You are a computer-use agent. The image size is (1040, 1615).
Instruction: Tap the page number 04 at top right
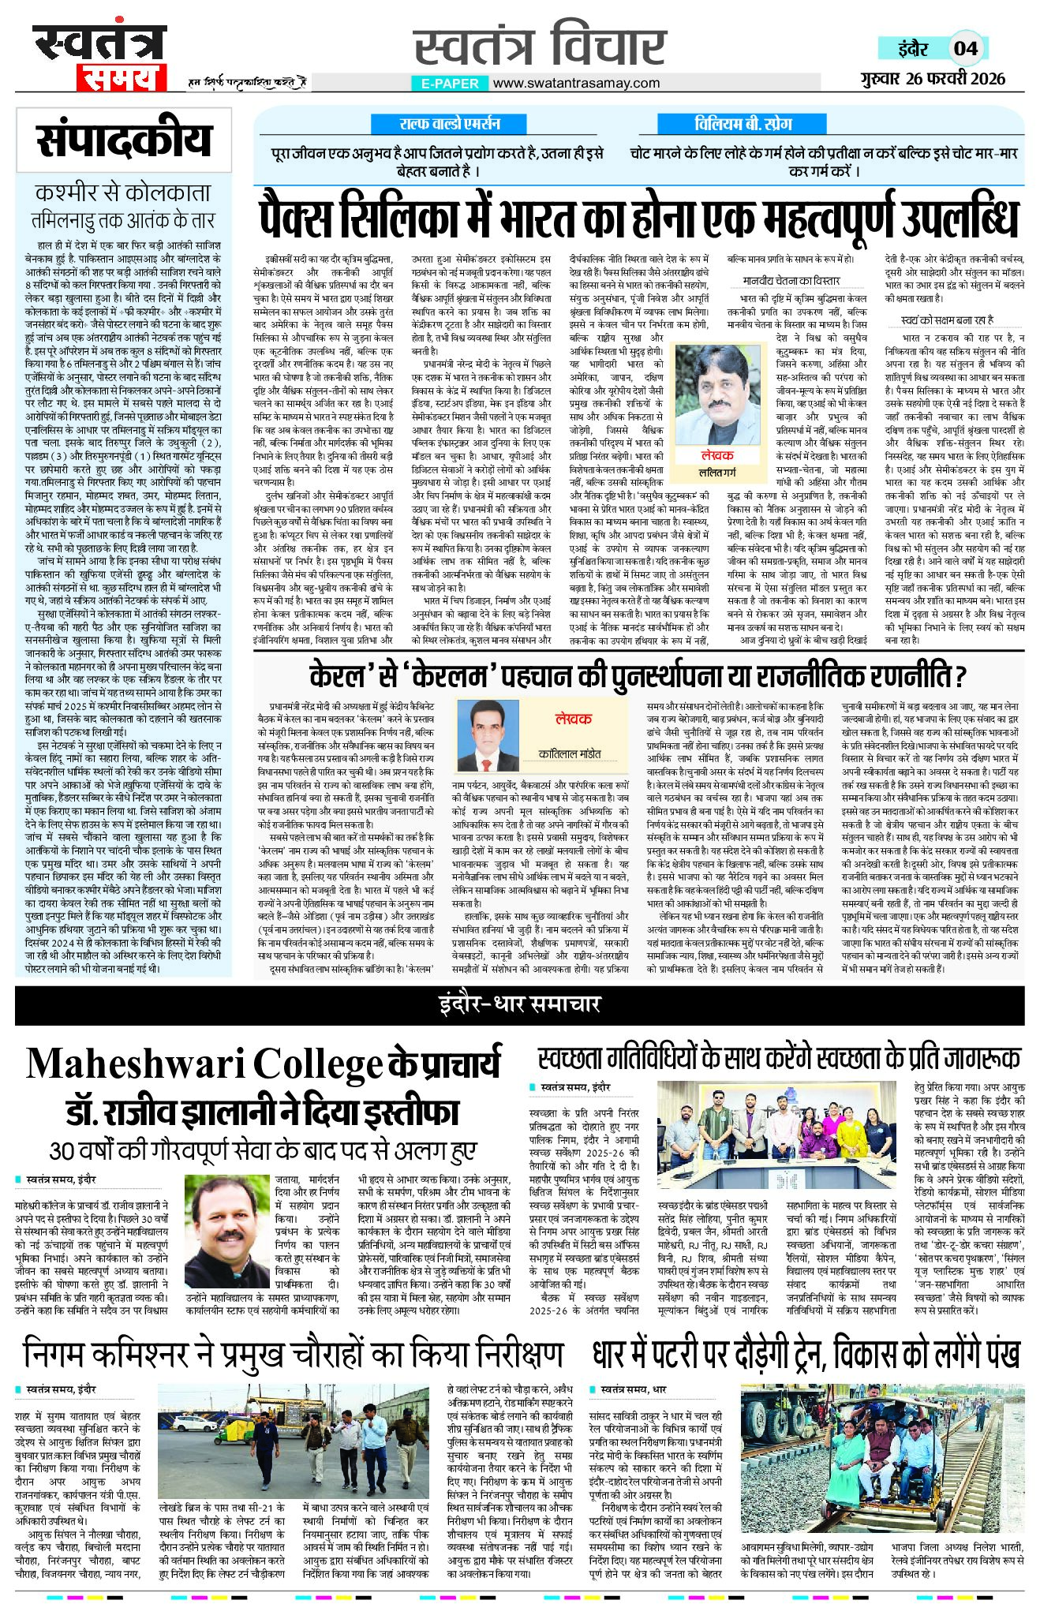point(966,48)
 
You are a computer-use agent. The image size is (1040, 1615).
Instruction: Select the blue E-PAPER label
point(450,83)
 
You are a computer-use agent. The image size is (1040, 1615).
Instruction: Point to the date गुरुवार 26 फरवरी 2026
point(933,78)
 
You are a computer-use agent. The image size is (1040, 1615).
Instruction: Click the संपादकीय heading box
point(124,140)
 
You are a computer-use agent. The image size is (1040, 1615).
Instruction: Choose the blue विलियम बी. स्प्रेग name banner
point(743,124)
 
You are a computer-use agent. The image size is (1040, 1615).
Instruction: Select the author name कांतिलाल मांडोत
point(570,753)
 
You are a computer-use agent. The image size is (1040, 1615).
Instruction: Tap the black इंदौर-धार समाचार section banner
point(519,1004)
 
